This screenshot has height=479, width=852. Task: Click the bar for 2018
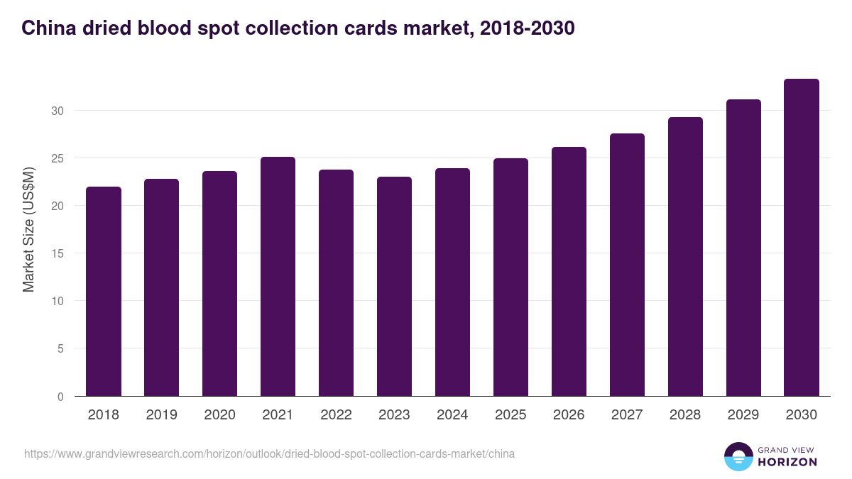pyautogui.click(x=104, y=291)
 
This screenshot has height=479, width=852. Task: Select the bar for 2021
pyautogui.click(x=278, y=277)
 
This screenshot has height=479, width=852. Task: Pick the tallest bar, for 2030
pyautogui.click(x=801, y=238)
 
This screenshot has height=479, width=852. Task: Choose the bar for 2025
pyautogui.click(x=510, y=277)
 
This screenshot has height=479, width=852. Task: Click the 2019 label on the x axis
pyautogui.click(x=162, y=415)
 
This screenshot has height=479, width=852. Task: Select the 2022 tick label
pyautogui.click(x=336, y=415)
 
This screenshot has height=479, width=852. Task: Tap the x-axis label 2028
pyautogui.click(x=685, y=415)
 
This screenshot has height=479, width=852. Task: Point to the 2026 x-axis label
pyautogui.click(x=569, y=415)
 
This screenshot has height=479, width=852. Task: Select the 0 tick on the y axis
pyautogui.click(x=61, y=397)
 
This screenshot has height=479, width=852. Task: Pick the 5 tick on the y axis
pyautogui.click(x=61, y=348)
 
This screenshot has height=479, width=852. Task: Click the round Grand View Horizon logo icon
pyautogui.click(x=738, y=456)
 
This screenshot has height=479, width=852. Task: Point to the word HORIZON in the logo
pyautogui.click(x=787, y=462)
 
